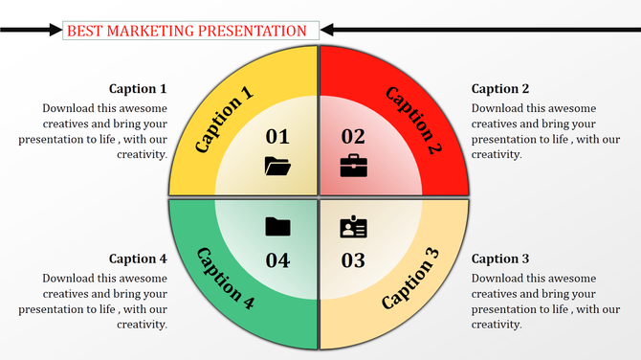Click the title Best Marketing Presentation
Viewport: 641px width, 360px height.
[x=187, y=31]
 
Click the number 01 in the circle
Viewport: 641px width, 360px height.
[x=276, y=137]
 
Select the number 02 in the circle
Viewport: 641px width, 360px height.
[x=353, y=137]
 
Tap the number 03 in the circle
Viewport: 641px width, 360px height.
[x=353, y=259]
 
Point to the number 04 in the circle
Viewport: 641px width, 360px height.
[x=276, y=259]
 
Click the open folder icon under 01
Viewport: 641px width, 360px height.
[x=276, y=166]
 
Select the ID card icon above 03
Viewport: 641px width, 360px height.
[x=353, y=227]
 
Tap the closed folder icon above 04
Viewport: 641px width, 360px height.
[x=277, y=227]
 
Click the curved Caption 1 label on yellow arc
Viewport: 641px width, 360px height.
[x=224, y=120]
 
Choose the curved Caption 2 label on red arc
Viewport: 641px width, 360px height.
[x=413, y=120]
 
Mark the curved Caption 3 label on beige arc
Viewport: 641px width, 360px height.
[x=410, y=279]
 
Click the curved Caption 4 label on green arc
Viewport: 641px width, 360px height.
[x=225, y=279]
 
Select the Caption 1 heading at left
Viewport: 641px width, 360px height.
[x=138, y=89]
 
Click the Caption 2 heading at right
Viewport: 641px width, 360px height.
[x=500, y=89]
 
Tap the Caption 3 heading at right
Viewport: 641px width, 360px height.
[x=500, y=259]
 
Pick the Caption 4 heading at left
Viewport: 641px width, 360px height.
[x=138, y=259]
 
